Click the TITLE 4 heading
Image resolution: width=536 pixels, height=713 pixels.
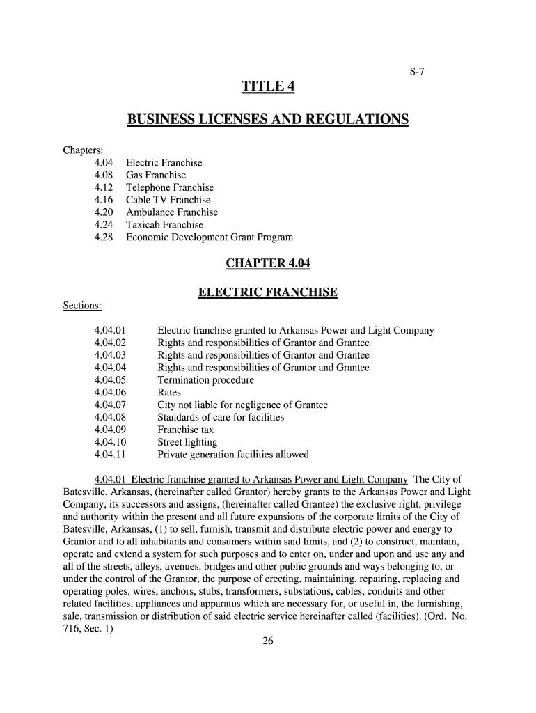(x=268, y=87)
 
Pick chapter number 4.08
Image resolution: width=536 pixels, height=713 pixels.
(x=103, y=175)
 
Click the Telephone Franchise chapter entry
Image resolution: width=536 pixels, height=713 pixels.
(x=169, y=188)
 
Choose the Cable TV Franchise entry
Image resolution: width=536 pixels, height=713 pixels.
(x=168, y=201)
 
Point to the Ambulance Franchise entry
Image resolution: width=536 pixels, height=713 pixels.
(x=171, y=212)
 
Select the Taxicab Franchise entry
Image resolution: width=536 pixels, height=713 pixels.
(x=164, y=225)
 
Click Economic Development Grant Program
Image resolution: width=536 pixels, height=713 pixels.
(x=209, y=237)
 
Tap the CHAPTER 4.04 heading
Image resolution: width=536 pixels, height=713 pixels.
(x=268, y=264)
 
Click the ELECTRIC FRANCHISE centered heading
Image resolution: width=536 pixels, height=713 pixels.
(x=268, y=292)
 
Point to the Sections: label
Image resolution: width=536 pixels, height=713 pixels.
(x=82, y=306)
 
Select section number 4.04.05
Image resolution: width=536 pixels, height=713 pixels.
(x=110, y=380)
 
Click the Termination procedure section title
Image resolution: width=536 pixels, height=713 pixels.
(x=205, y=380)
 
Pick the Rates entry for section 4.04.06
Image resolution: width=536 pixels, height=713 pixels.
(x=169, y=393)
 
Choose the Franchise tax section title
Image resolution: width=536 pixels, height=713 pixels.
(x=185, y=430)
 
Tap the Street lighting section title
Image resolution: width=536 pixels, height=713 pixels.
(x=187, y=442)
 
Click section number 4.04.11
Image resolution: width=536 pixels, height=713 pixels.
(x=110, y=455)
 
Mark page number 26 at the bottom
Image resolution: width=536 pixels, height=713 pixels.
(x=268, y=642)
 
